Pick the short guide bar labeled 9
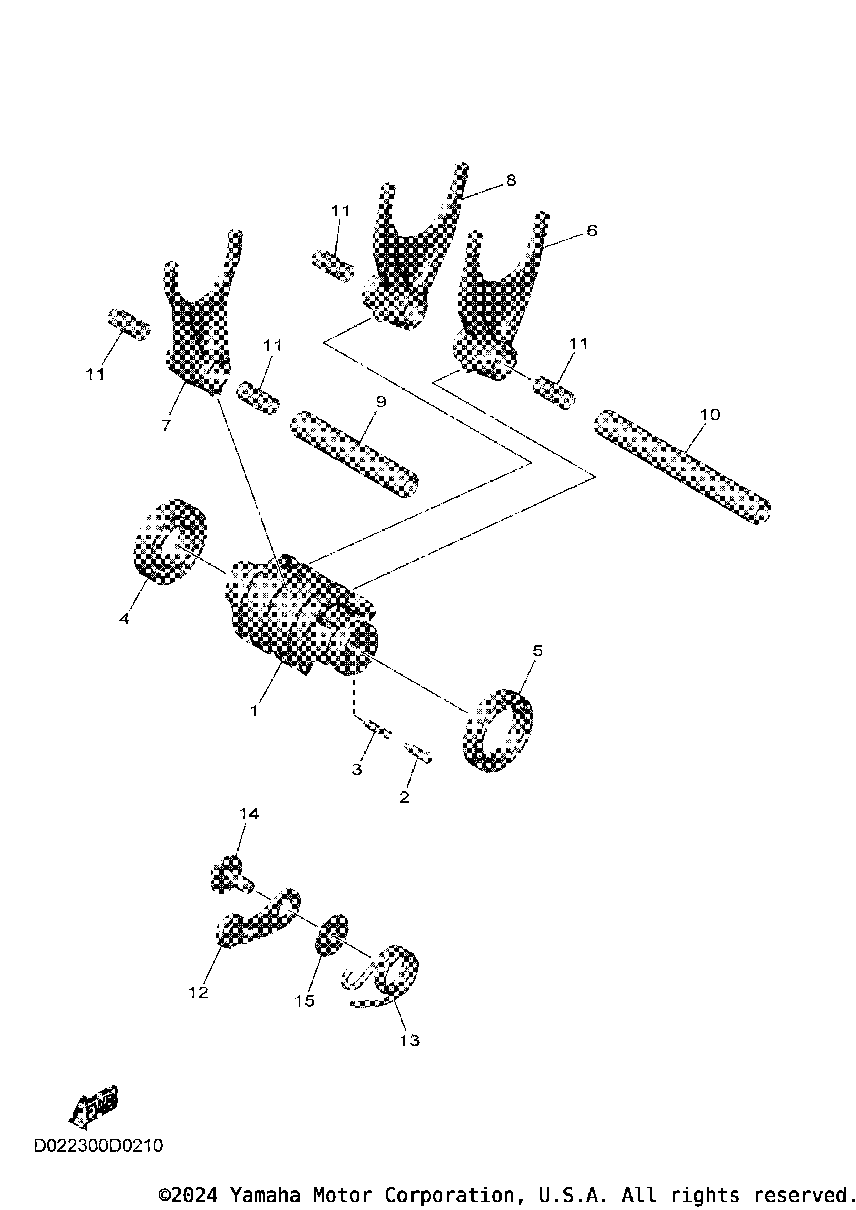(354, 454)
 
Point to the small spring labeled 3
(377, 730)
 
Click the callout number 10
(710, 415)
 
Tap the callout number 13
(409, 1040)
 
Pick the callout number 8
(510, 180)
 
